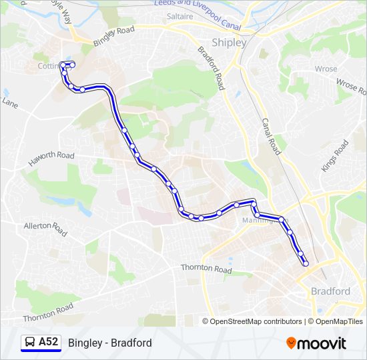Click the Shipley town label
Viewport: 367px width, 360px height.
point(229,43)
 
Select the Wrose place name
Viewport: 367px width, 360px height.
point(326,69)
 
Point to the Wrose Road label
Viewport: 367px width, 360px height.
point(347,84)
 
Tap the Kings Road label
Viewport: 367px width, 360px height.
point(335,156)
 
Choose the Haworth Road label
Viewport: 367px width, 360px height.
point(51,155)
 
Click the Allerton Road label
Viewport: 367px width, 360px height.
point(45,229)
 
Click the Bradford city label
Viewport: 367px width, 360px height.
point(330,291)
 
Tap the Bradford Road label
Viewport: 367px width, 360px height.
point(210,69)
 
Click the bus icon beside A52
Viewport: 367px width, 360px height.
point(29,343)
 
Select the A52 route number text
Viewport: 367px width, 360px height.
point(49,343)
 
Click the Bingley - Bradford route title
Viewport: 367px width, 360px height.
point(109,343)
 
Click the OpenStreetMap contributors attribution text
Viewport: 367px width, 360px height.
point(256,321)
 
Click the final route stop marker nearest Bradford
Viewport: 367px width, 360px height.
point(306,263)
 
